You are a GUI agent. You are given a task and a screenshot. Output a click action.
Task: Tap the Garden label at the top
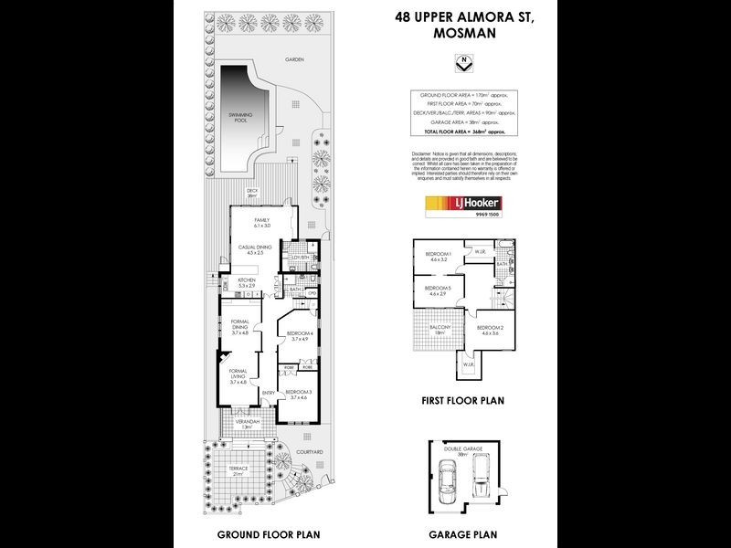(292, 59)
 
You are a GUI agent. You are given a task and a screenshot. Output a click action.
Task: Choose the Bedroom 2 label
(491, 330)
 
